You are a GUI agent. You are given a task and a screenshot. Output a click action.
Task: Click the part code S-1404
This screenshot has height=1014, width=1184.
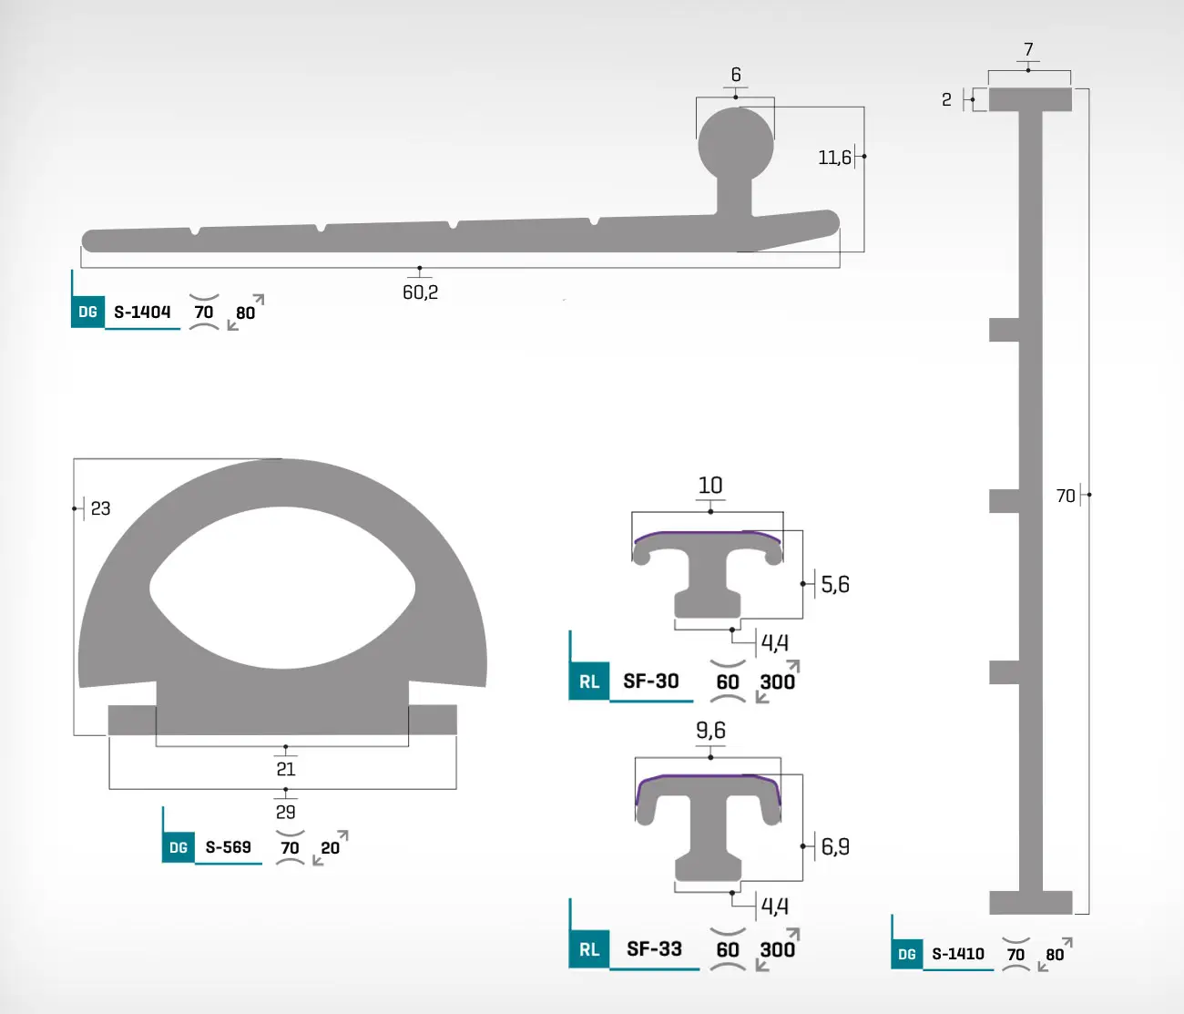tap(142, 312)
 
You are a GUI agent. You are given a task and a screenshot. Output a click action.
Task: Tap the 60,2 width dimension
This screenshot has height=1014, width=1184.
tap(421, 292)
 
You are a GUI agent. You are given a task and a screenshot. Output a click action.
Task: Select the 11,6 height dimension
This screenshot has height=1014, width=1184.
tap(834, 158)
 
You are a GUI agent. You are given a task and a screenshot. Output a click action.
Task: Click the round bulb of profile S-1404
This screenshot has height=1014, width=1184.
tap(736, 144)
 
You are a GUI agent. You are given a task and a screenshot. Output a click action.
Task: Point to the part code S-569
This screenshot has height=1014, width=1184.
tap(228, 846)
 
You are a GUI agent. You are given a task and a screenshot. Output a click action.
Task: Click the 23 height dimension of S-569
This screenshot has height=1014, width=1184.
tap(101, 508)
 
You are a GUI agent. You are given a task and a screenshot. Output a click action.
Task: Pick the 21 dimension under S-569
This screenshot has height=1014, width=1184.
tap(286, 769)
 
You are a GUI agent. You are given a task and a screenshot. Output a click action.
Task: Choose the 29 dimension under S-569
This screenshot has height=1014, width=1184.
tap(286, 812)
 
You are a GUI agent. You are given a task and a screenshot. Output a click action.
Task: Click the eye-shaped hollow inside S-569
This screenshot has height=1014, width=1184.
tap(282, 588)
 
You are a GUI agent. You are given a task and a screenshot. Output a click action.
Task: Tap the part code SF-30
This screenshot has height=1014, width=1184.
tap(651, 681)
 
